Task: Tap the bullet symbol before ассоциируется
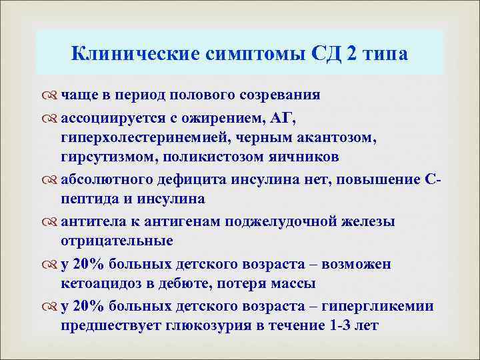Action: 51,119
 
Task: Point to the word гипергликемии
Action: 377,307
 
